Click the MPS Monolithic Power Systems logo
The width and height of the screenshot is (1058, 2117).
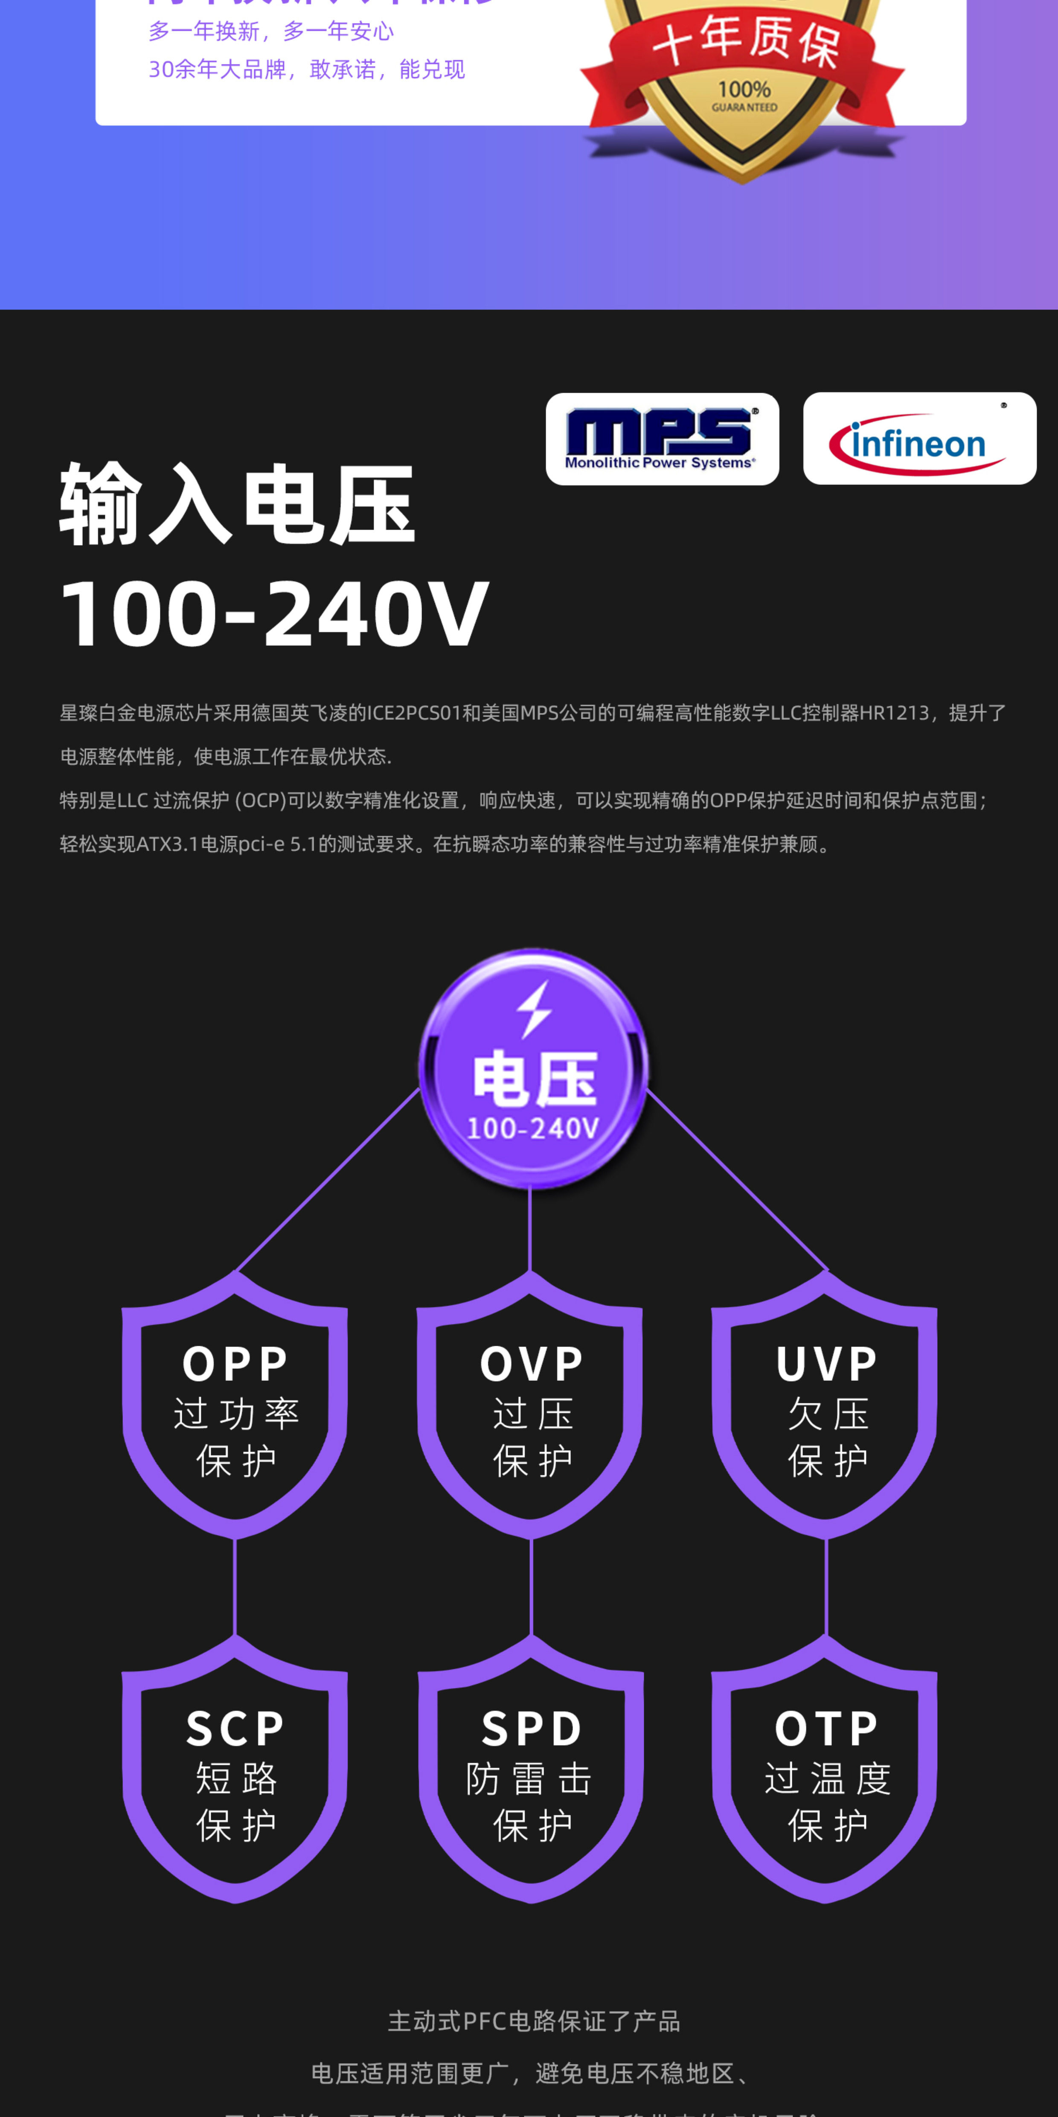coord(662,439)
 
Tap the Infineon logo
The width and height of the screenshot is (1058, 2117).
coord(919,439)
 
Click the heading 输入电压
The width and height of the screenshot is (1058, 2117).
coord(237,504)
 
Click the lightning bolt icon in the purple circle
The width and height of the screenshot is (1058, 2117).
coord(534,1009)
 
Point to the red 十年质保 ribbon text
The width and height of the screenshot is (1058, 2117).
coord(746,41)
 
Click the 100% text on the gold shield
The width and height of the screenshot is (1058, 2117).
coord(744,89)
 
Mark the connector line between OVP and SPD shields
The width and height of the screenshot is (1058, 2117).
coord(532,1586)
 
